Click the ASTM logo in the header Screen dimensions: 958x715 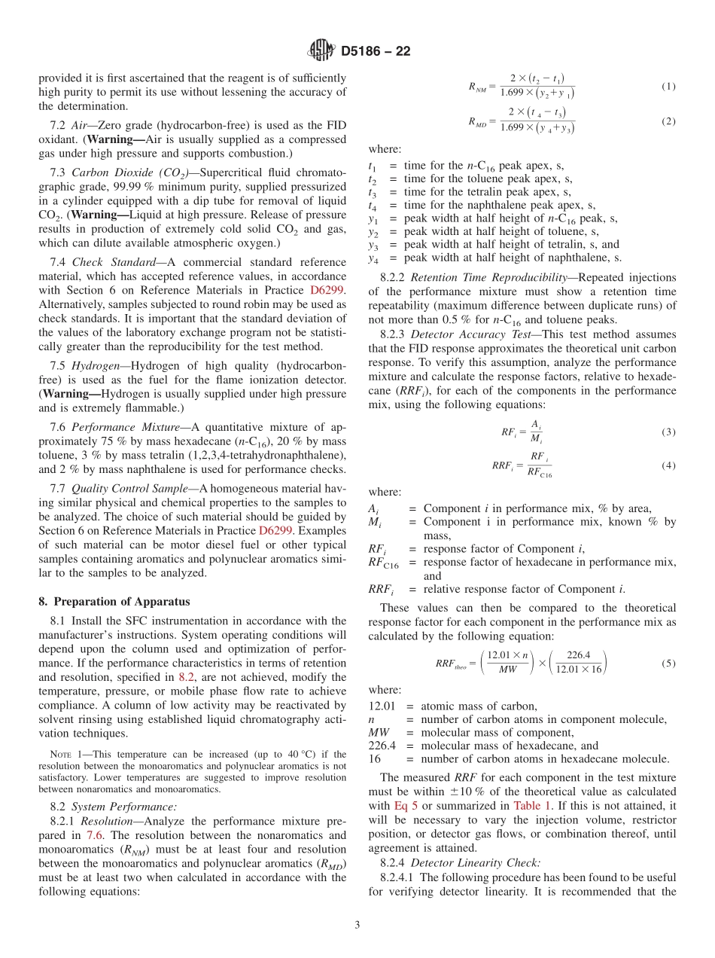pos(321,51)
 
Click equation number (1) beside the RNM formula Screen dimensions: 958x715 pos(668,87)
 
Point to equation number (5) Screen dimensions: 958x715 pos(668,664)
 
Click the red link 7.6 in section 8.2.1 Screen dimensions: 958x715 pos(94,850)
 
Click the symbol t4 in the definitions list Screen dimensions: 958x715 pos(373,205)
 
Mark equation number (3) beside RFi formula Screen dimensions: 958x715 pos(668,432)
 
